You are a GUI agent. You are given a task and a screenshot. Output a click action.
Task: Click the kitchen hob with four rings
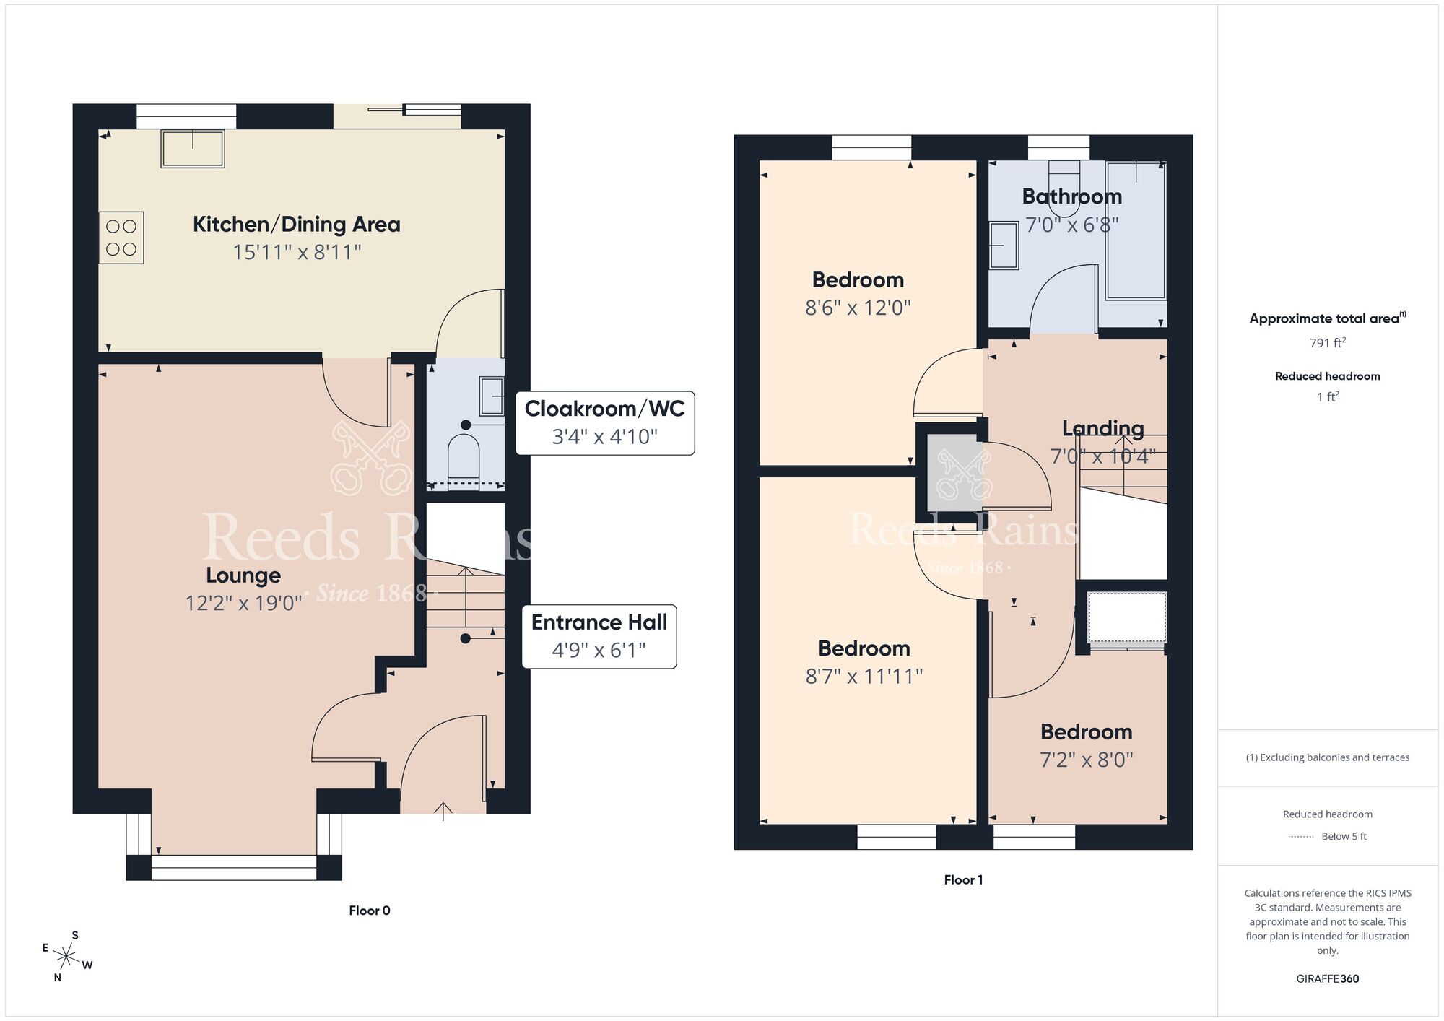coord(121,238)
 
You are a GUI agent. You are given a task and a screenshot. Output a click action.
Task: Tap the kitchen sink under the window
coord(193,149)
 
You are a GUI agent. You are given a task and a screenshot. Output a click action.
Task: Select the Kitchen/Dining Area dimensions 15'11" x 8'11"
coord(297,253)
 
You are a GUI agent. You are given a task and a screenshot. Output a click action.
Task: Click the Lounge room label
coord(243,575)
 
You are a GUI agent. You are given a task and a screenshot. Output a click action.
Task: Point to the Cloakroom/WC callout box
coord(604,422)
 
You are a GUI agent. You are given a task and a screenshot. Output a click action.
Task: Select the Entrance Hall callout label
coord(599,622)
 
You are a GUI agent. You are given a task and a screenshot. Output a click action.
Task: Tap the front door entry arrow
coord(443,811)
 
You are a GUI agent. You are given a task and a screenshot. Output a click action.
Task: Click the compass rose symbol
coord(66,957)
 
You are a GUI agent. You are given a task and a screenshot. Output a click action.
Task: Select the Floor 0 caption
coord(369,911)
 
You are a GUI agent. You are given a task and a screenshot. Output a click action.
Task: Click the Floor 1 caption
coord(963,879)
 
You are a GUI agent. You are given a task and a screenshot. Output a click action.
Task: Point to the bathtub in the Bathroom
coord(1136,231)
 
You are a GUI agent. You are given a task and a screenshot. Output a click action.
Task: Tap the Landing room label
coord(1102,429)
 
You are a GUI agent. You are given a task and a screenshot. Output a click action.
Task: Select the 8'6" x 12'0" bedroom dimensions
coord(858,308)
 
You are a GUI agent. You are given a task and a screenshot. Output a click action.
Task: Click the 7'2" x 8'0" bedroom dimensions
coord(1086,760)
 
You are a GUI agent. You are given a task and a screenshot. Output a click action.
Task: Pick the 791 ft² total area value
coord(1327,343)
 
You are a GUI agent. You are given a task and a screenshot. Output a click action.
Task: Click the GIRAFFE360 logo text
coord(1327,979)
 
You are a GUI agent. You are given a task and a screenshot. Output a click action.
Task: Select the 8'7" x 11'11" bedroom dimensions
coord(864,677)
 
